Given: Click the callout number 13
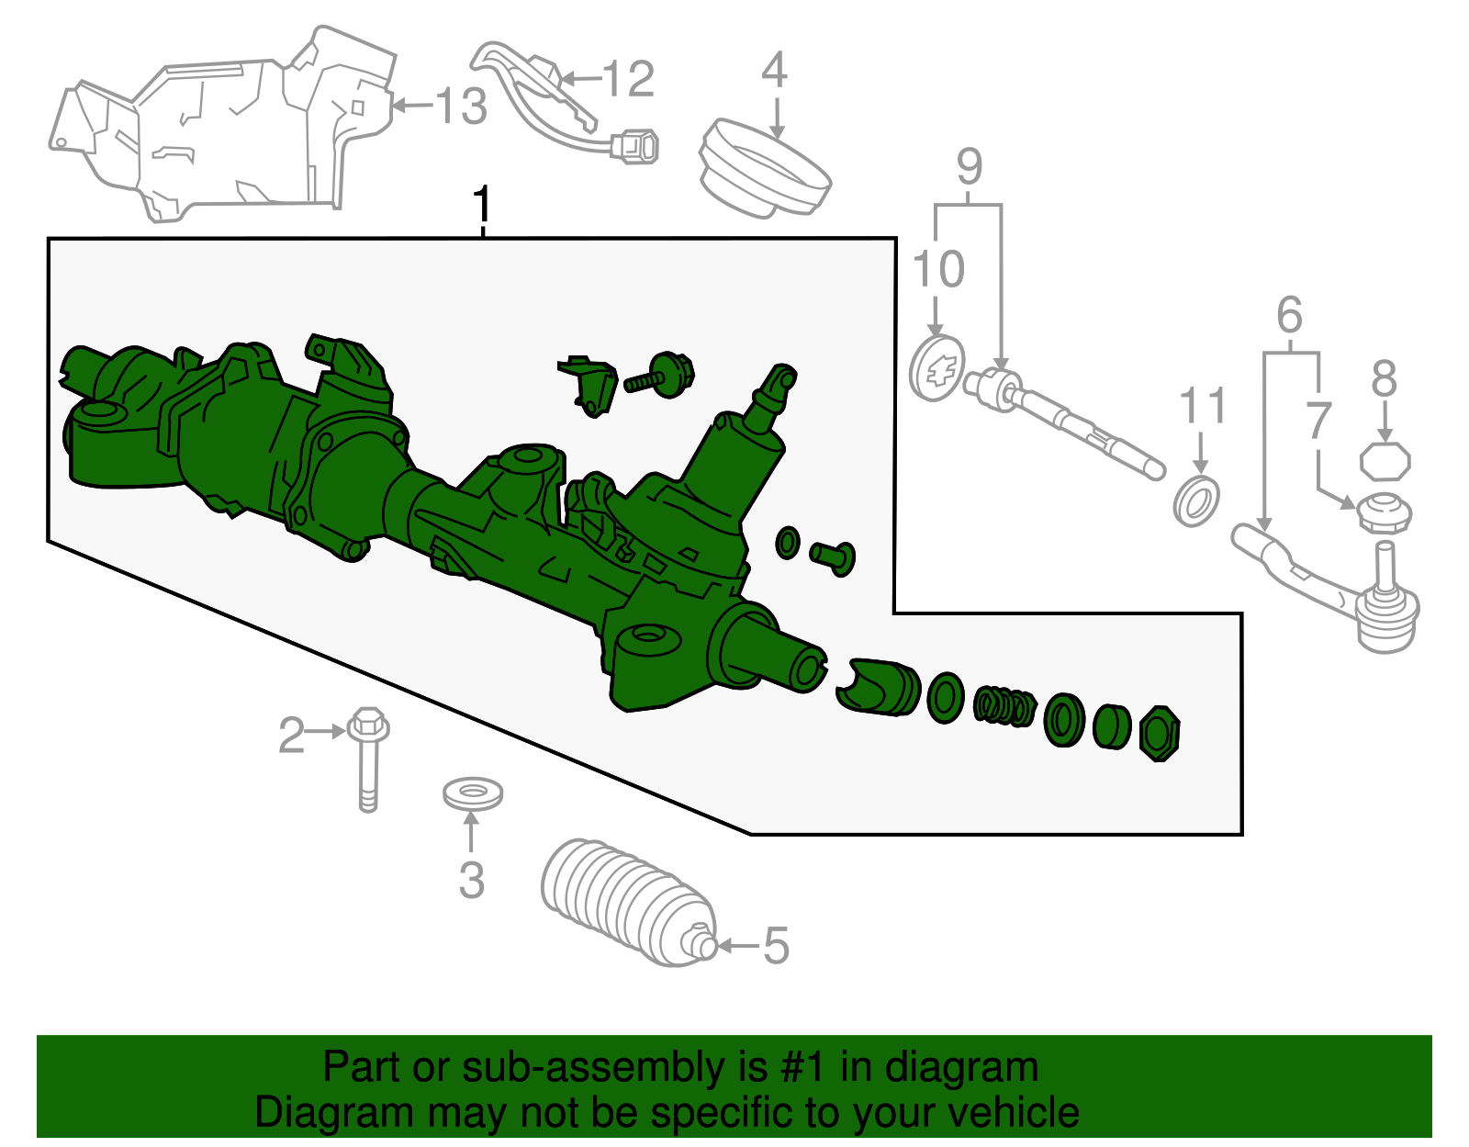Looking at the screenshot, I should pyautogui.click(x=460, y=107).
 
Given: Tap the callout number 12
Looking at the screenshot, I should pyautogui.click(x=629, y=79).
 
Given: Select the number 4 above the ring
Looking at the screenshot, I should pyautogui.click(x=775, y=70).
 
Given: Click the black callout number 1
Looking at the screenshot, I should pyautogui.click(x=481, y=207).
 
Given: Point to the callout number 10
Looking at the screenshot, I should pyautogui.click(x=938, y=269).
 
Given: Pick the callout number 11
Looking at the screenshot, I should pyautogui.click(x=1203, y=406).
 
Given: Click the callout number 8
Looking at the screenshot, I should pyautogui.click(x=1385, y=379).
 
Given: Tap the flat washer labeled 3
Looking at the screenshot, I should pyautogui.click(x=472, y=793).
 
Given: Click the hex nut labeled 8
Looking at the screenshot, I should pyautogui.click(x=1385, y=461).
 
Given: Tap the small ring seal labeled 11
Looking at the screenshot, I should pyautogui.click(x=1196, y=501).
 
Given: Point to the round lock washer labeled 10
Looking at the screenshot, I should pyautogui.click(x=936, y=368).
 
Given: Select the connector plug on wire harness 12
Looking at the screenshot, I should pyautogui.click(x=635, y=147).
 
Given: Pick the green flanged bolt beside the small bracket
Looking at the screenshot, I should pyautogui.click(x=662, y=376).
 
